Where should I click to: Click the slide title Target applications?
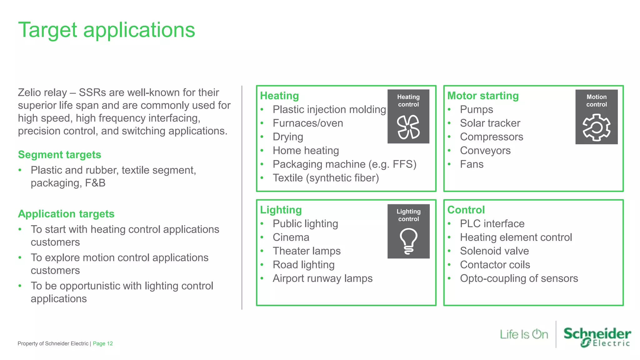click(x=107, y=30)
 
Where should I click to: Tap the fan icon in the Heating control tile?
click(x=408, y=127)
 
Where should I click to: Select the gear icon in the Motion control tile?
click(x=596, y=127)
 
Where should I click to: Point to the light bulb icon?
click(x=408, y=241)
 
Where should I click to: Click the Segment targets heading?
click(x=59, y=155)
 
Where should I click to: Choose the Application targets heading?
click(x=66, y=214)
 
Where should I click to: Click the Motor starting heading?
click(x=483, y=96)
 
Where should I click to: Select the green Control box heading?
click(x=466, y=210)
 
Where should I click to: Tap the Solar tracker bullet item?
click(x=490, y=123)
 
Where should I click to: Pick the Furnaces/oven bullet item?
click(x=307, y=123)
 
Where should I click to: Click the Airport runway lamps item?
click(x=322, y=278)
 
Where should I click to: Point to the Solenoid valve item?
click(x=494, y=251)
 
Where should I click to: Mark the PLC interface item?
click(x=492, y=224)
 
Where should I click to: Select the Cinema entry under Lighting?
click(x=291, y=237)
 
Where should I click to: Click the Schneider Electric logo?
click(x=597, y=337)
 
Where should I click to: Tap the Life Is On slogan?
click(x=524, y=334)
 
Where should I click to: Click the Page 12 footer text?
click(x=102, y=343)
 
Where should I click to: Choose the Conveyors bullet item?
click(x=485, y=151)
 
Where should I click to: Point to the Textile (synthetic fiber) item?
click(x=326, y=178)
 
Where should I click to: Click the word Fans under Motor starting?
click(x=472, y=164)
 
